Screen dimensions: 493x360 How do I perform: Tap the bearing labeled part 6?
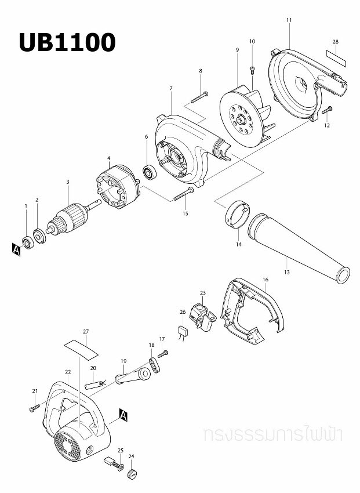click(151, 173)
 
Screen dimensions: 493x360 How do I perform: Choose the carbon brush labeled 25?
click(110, 463)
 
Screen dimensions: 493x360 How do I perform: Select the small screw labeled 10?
click(252, 71)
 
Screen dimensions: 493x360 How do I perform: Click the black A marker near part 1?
click(16, 249)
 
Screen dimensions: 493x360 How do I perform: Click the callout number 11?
click(289, 20)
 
